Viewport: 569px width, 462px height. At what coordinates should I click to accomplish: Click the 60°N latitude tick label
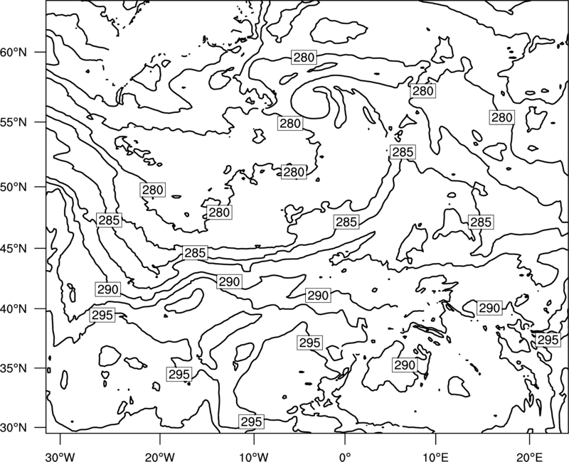point(14,52)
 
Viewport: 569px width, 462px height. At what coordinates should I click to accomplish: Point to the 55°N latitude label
point(14,122)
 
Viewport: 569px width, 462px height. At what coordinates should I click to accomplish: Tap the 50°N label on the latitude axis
point(14,187)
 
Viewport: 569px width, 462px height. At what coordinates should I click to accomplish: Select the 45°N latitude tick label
point(14,248)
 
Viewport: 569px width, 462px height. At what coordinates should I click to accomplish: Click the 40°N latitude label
point(14,309)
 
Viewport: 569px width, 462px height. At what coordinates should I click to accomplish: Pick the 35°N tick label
point(14,368)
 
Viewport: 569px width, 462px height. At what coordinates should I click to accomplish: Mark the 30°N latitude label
point(14,428)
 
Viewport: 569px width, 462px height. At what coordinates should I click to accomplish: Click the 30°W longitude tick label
point(60,456)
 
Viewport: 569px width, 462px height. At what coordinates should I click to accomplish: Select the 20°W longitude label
point(159,456)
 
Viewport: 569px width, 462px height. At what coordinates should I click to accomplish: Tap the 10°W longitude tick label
point(254,456)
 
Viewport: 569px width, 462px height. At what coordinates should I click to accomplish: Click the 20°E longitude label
point(529,456)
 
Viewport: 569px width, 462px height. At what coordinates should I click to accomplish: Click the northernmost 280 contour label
point(304,58)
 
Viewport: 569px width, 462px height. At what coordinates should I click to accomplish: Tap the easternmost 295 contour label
point(548,340)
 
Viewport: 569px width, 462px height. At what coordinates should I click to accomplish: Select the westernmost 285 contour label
point(109,220)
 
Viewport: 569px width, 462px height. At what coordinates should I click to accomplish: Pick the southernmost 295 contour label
point(251,421)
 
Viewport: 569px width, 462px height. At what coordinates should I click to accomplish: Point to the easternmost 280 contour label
point(502,117)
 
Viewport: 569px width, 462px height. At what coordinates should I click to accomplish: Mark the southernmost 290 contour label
point(405,365)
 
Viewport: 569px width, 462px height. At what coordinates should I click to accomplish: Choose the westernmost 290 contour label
point(108,289)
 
